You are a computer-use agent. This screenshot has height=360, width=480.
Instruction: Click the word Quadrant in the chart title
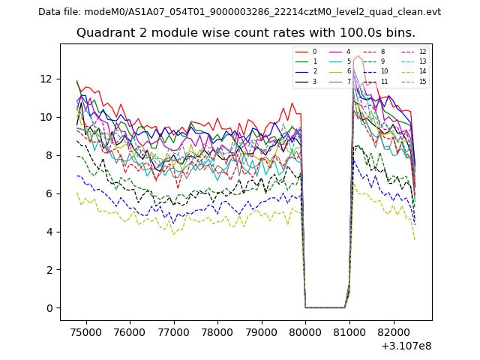tap(105, 33)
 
